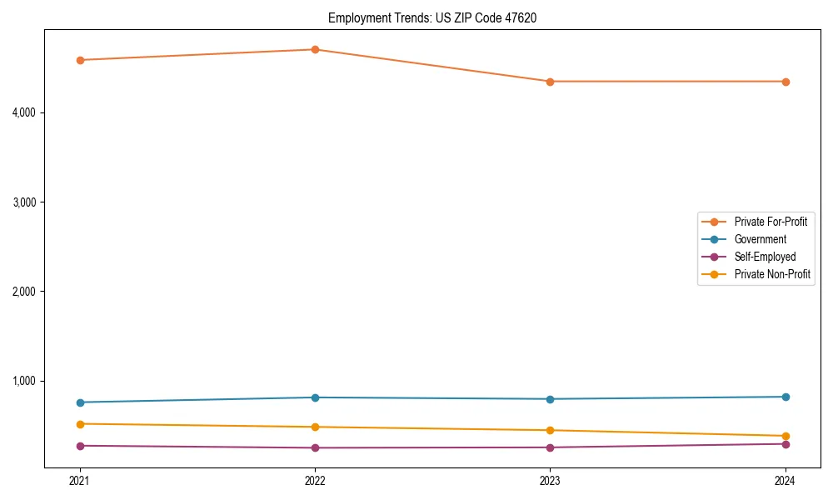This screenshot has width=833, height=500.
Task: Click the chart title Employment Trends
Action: (x=431, y=17)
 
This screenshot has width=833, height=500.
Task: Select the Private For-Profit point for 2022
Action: (x=315, y=49)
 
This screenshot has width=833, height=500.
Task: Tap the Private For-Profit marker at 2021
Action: (x=80, y=60)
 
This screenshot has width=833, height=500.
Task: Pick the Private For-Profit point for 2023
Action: (x=550, y=82)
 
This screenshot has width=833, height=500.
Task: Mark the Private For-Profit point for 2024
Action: (x=786, y=82)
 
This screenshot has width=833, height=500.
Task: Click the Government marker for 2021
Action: (x=80, y=402)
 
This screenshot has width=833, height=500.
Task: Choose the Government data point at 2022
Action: (x=315, y=397)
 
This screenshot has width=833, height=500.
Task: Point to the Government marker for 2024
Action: (x=786, y=397)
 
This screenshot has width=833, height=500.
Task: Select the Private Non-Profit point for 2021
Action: (x=80, y=424)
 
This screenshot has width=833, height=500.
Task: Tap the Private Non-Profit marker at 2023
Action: (x=550, y=430)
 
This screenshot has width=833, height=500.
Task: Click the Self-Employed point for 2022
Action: (x=315, y=447)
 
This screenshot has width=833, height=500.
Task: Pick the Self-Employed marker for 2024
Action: (x=786, y=444)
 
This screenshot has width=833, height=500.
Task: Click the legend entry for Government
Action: (x=760, y=239)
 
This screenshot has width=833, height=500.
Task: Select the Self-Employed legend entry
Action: (x=765, y=257)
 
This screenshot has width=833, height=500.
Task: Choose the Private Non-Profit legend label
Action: (x=772, y=274)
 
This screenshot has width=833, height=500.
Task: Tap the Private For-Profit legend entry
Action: (x=771, y=222)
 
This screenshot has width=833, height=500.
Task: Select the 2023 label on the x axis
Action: (x=550, y=480)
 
